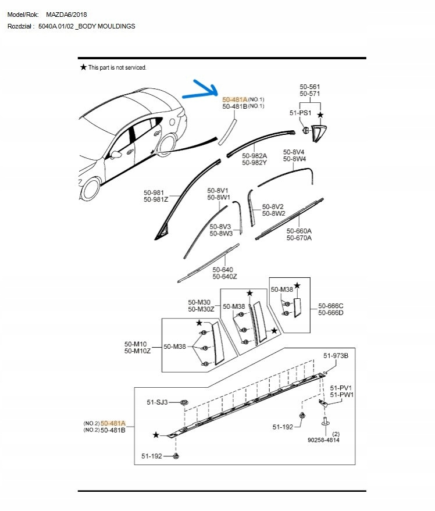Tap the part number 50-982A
click(255, 156)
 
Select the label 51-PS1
click(300, 113)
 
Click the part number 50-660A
click(299, 230)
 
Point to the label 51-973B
click(336, 356)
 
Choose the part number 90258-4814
click(324, 440)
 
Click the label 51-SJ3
click(157, 402)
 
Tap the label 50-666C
click(330, 306)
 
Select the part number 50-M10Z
click(137, 351)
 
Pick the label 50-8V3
click(221, 226)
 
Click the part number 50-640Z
click(224, 277)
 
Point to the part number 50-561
click(310, 87)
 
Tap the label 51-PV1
click(341, 388)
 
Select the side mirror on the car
click(116, 155)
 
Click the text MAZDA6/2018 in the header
click(67, 15)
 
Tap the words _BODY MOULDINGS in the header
click(107, 27)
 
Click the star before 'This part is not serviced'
click(83, 68)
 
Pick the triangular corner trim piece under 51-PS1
click(319, 133)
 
